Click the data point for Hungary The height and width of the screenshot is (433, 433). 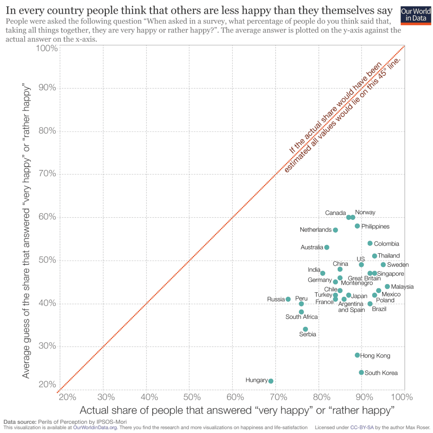pyautogui.click(x=271, y=381)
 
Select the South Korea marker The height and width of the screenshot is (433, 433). pyautogui.click(x=361, y=373)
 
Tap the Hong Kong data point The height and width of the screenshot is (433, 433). pyautogui.click(x=357, y=355)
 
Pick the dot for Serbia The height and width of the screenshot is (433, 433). pyautogui.click(x=305, y=329)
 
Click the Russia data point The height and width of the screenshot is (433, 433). pyautogui.click(x=288, y=299)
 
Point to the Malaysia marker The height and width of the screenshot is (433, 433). pyautogui.click(x=387, y=286)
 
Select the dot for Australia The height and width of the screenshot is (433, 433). pyautogui.click(x=326, y=247)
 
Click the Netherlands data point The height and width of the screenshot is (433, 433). pyautogui.click(x=335, y=230)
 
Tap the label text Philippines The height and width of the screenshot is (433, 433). pyautogui.click(x=375, y=227)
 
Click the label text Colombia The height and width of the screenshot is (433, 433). pyautogui.click(x=386, y=244)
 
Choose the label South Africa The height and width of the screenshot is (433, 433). pyautogui.click(x=301, y=317)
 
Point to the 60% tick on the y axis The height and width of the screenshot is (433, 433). pyautogui.click(x=48, y=217)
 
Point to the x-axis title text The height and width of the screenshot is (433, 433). pyautogui.click(x=237, y=410)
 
